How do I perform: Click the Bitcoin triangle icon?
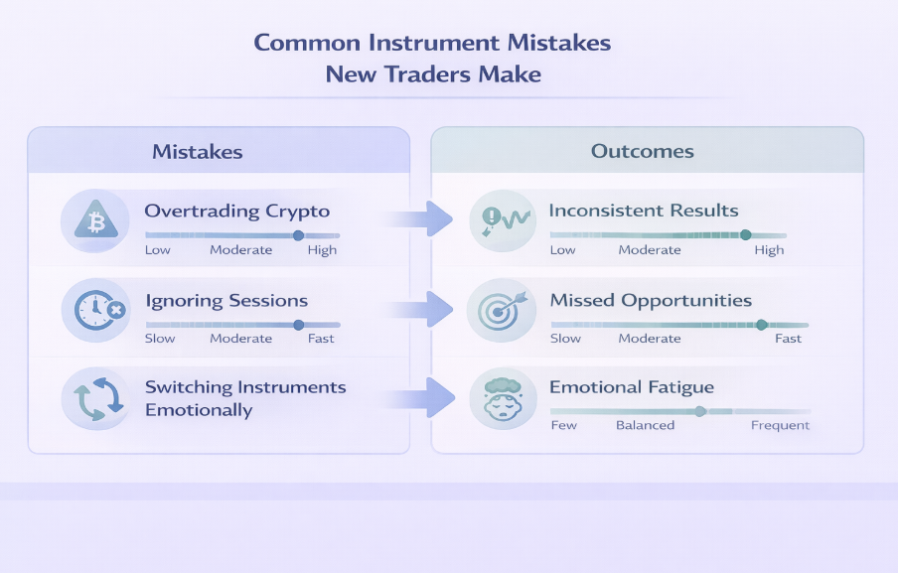tap(96, 220)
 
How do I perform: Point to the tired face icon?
tap(503, 399)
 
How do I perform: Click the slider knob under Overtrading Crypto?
tap(298, 235)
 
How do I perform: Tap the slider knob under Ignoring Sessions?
tap(298, 325)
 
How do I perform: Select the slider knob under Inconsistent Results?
tap(745, 234)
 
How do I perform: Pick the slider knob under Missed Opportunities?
tap(761, 325)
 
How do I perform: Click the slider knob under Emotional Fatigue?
tap(700, 411)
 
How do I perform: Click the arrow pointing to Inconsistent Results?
tap(419, 218)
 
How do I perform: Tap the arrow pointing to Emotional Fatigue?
tap(420, 398)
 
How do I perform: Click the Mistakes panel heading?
tap(198, 152)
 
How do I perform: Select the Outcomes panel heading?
tap(642, 151)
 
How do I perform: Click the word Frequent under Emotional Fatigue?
tap(780, 425)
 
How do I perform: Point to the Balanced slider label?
tap(645, 425)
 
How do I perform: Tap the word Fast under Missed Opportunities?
tap(788, 339)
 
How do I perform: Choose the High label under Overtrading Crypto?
tap(322, 250)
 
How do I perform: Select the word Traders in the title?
tap(427, 74)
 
